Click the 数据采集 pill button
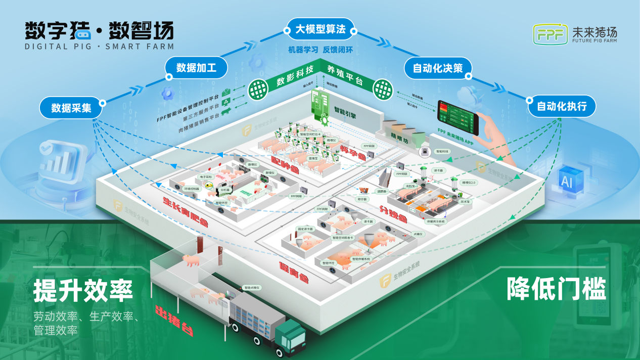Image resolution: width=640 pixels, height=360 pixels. click(71, 108)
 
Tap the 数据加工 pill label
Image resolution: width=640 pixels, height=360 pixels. click(196, 68)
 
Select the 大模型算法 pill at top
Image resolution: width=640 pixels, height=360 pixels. click(321, 30)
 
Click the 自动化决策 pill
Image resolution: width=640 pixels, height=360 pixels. click(438, 68)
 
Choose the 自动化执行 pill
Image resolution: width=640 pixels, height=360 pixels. click(562, 107)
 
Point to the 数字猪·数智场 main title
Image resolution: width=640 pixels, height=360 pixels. click(99, 31)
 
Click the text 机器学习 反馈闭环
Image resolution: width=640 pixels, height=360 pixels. click(320, 50)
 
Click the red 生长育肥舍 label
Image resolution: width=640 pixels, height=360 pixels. click(185, 211)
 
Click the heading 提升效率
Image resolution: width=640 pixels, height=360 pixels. click(83, 290)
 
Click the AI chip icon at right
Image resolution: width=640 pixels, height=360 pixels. click(567, 182)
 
